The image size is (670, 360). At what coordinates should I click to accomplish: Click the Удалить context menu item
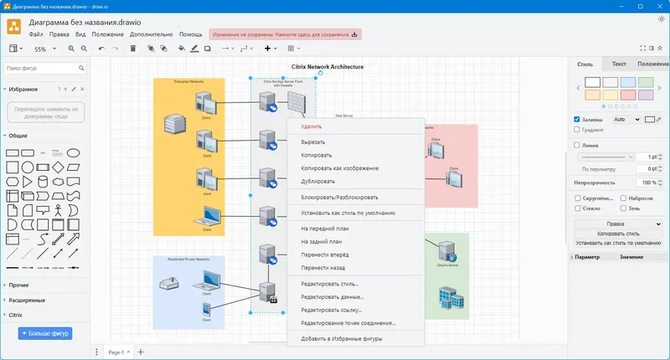click(312, 126)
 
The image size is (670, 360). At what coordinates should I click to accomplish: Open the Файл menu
click(36, 34)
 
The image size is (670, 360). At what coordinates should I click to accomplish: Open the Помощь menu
click(190, 34)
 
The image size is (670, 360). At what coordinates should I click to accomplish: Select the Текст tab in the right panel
click(619, 64)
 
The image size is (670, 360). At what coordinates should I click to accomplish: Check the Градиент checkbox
click(577, 130)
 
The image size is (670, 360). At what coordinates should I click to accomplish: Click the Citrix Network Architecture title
click(327, 66)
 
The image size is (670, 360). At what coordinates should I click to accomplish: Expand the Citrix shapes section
click(15, 315)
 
